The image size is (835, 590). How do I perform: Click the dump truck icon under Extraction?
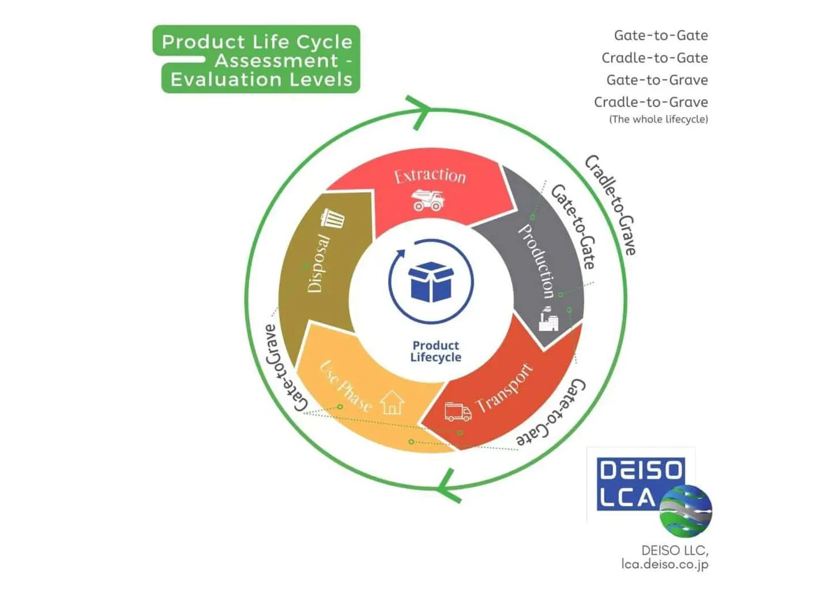[x=428, y=200]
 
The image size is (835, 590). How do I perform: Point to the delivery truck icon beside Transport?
[x=458, y=411]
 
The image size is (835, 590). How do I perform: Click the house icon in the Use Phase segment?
[x=392, y=402]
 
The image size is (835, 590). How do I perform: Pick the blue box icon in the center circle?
[x=431, y=282]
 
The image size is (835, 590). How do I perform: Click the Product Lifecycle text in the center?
[x=435, y=351]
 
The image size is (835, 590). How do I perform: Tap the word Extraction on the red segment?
[x=430, y=175]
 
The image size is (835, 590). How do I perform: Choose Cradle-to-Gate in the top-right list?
[x=655, y=58]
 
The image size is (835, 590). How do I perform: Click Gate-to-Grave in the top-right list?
[x=657, y=80]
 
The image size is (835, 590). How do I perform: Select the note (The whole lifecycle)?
[x=658, y=119]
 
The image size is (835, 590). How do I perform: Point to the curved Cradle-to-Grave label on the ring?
[x=611, y=205]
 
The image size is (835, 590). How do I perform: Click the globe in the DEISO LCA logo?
[x=686, y=510]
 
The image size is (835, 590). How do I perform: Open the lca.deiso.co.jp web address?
[x=664, y=564]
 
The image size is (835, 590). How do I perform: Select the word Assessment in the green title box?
[x=277, y=60]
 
